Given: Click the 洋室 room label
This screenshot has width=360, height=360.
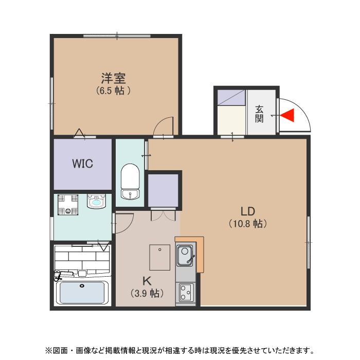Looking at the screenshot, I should pos(113,79).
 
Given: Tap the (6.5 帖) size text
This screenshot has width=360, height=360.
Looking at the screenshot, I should pos(113,91).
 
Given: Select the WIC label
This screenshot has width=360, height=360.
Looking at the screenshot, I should pos(82,164).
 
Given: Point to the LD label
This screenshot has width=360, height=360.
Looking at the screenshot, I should pos(248,211).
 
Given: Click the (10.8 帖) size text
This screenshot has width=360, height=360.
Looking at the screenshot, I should pos(248,224).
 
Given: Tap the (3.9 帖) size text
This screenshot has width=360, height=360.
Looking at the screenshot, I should pos(147,294).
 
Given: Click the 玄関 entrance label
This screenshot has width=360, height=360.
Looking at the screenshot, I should pos(259,114).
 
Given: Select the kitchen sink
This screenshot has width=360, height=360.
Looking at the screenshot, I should pos(185,255).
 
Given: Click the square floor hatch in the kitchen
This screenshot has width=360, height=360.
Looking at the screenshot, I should pos(159,257).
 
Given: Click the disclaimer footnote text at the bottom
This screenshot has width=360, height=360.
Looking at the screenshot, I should pos(179,351).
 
